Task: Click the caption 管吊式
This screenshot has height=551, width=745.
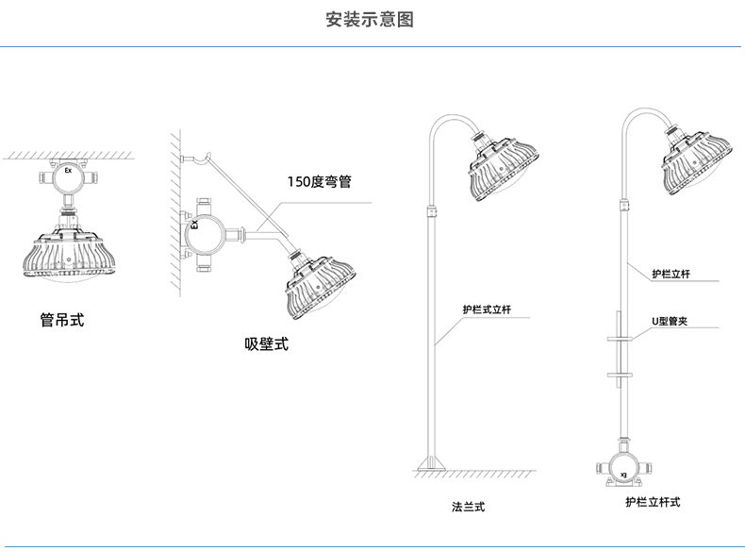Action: point(62,320)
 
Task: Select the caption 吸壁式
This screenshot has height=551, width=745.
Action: point(267,344)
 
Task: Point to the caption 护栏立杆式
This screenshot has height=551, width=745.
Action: point(652,502)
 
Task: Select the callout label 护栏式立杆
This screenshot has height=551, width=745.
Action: point(487,309)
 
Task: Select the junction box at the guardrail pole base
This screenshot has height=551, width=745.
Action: point(623,464)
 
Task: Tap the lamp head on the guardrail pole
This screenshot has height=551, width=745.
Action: point(697,167)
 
